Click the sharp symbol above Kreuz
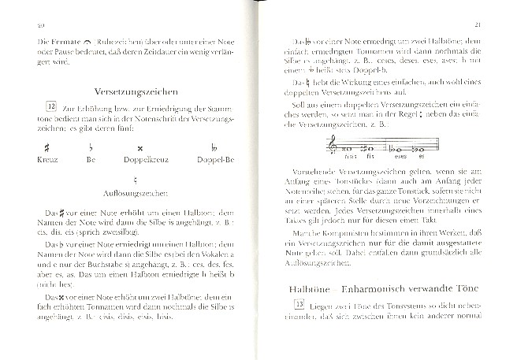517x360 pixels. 46,147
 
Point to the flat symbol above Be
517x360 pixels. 91,147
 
